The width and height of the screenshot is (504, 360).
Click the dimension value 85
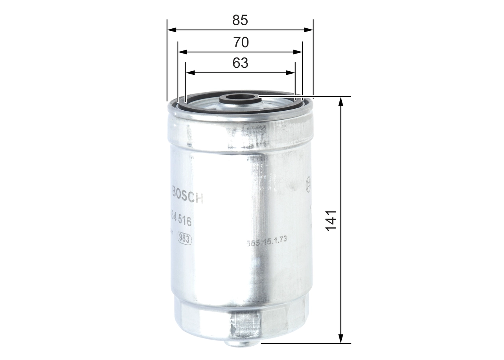(240, 20)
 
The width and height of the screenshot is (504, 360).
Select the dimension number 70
(241, 42)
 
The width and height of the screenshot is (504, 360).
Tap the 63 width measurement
(240, 63)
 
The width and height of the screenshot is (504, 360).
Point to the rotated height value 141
(332, 221)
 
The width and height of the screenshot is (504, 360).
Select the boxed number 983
(185, 238)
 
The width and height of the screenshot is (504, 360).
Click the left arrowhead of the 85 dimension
(171, 30)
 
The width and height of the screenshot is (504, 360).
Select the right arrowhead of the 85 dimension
(309, 30)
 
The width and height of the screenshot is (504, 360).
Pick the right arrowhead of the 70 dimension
(298, 52)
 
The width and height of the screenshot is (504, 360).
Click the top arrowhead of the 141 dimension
(341, 101)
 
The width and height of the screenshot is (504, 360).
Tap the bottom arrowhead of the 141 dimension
(341, 338)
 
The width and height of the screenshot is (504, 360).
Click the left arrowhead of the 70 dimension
(182, 52)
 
